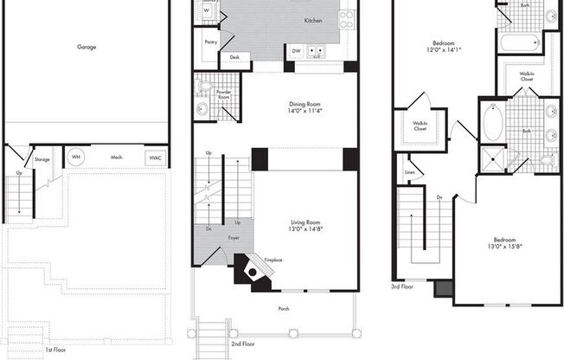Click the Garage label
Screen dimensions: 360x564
click(87, 47)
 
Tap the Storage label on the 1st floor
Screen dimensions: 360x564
click(42, 159)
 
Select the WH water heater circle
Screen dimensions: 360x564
click(76, 157)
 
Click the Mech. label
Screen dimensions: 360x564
click(116, 157)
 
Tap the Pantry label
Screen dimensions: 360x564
click(210, 42)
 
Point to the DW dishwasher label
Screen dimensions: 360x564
click(296, 51)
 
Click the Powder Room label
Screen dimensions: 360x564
click(223, 93)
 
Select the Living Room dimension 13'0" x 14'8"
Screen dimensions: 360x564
click(307, 231)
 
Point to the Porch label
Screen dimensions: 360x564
click(284, 309)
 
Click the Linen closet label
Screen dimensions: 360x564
click(410, 172)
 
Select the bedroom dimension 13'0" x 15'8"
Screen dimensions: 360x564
click(504, 247)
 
